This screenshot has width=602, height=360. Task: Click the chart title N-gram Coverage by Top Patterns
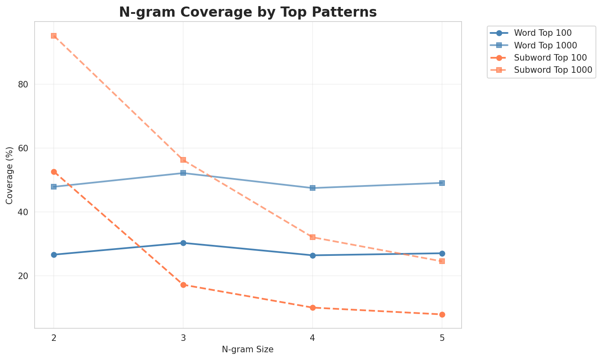pos(247,12)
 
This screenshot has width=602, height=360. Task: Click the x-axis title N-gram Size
pos(247,349)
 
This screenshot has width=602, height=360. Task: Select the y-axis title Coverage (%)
pos(9,175)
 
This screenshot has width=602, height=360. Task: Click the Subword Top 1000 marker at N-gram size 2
pos(54,36)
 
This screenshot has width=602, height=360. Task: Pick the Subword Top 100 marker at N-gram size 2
pos(54,172)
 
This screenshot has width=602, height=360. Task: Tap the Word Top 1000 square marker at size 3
pos(183,173)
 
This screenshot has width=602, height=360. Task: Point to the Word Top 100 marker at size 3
pos(183,243)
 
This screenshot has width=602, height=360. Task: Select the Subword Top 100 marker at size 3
pos(183,285)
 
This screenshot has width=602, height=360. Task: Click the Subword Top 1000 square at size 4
pos(313,237)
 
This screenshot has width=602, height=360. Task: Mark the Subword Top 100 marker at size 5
pos(442,314)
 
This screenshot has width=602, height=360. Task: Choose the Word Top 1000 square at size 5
pos(442,183)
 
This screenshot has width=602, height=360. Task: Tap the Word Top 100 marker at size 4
pos(313,255)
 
